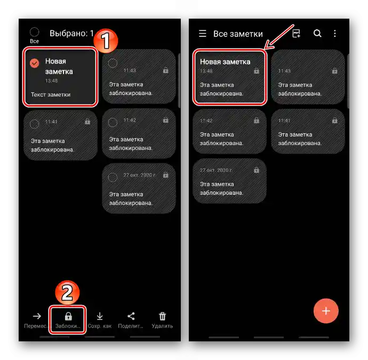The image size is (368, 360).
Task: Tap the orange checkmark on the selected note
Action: pyautogui.click(x=35, y=63)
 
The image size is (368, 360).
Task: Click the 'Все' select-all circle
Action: pyautogui.click(x=34, y=32)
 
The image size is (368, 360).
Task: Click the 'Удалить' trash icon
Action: pyautogui.click(x=163, y=316)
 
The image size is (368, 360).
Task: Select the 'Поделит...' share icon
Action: pyautogui.click(x=131, y=316)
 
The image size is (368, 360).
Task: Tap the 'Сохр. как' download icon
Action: pyautogui.click(x=100, y=316)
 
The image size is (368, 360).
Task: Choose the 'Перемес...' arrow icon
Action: pyautogui.click(x=37, y=316)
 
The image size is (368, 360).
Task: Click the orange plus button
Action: pyautogui.click(x=326, y=311)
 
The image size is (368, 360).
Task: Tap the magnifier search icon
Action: pyautogui.click(x=317, y=33)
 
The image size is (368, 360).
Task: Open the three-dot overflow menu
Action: pyautogui.click(x=335, y=33)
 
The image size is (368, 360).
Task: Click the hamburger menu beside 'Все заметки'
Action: pyautogui.click(x=203, y=33)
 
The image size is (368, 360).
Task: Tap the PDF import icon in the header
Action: pyautogui.click(x=297, y=33)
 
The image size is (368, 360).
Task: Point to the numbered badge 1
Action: pyautogui.click(x=106, y=41)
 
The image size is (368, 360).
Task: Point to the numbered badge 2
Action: pyautogui.click(x=67, y=293)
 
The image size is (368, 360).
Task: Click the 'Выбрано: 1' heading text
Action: pyautogui.click(x=71, y=33)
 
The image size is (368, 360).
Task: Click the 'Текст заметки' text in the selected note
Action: pyautogui.click(x=51, y=94)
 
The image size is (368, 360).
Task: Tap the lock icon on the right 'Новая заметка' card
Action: pyautogui.click(x=257, y=70)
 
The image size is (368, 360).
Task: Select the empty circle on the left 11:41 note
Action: pyautogui.click(x=35, y=124)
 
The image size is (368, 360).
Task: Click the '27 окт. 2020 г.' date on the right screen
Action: pyautogui.click(x=216, y=170)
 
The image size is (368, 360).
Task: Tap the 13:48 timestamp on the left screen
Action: pyautogui.click(x=51, y=81)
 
